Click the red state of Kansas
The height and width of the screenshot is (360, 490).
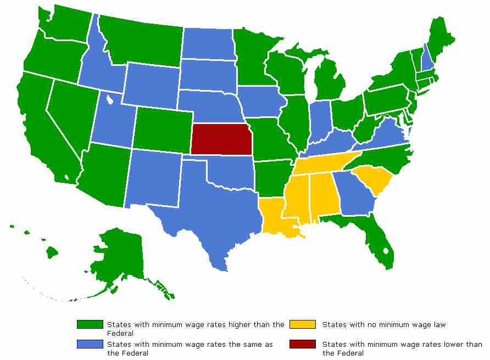coord(221,139)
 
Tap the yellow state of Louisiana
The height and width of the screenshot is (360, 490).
coord(275,217)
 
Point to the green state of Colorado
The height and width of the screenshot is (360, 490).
coord(162,130)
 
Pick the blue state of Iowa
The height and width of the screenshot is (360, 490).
coord(261,102)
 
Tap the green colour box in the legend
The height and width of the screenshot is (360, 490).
coord(90,325)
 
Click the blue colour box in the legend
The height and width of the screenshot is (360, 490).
coord(90,345)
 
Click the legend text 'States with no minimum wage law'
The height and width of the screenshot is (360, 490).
coord(384,325)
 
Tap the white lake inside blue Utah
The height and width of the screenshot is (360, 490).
coord(110,100)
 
